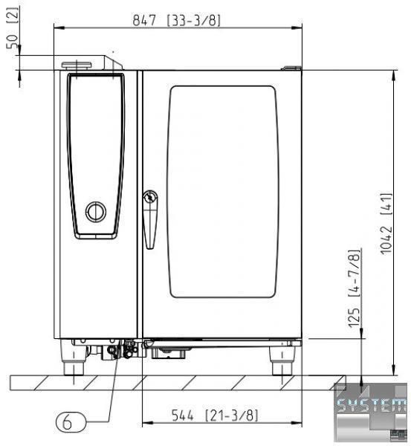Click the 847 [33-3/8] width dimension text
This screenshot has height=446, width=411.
click(177, 21)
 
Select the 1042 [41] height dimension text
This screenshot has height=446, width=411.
click(386, 224)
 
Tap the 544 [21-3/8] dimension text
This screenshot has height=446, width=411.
click(215, 416)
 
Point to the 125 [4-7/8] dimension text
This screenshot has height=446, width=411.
click(354, 288)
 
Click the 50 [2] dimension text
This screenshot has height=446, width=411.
click(13, 28)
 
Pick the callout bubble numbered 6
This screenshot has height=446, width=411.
click(71, 422)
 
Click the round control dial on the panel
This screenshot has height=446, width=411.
click(96, 212)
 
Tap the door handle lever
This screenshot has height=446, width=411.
click(150, 219)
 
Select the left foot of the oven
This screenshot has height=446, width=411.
click(74, 358)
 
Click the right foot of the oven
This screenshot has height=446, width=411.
click(282, 361)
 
